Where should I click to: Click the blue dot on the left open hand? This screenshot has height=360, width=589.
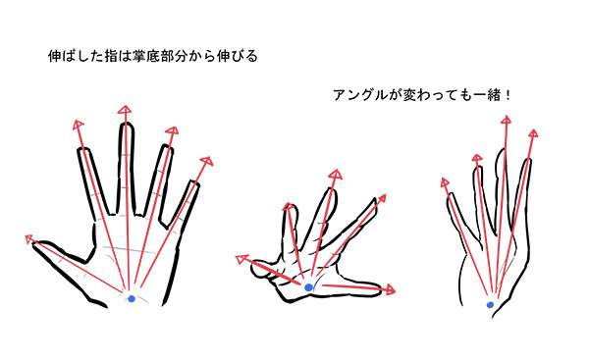point(132,299)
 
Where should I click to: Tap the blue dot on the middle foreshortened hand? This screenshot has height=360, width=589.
point(308,287)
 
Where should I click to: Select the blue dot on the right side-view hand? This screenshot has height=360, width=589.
point(490,305)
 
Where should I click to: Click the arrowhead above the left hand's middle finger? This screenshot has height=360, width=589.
point(125,109)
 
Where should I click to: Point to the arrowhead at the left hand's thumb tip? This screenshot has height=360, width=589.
point(29,239)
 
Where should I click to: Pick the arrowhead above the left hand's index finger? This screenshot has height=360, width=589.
point(78,125)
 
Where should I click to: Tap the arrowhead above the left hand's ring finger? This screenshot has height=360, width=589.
point(172,131)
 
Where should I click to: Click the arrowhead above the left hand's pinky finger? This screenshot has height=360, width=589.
point(206,162)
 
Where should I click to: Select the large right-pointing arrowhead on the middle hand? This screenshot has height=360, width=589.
point(390,289)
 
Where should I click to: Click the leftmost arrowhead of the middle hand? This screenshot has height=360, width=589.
point(241,259)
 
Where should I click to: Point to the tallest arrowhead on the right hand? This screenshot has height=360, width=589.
point(506,120)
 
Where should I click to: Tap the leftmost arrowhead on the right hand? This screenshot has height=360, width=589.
point(445,182)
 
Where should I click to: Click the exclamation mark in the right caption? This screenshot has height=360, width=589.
point(508,95)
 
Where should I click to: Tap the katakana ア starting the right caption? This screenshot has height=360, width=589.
point(341,95)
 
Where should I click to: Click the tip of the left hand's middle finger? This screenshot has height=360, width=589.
point(127,124)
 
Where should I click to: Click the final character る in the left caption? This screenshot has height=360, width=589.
point(251,56)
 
